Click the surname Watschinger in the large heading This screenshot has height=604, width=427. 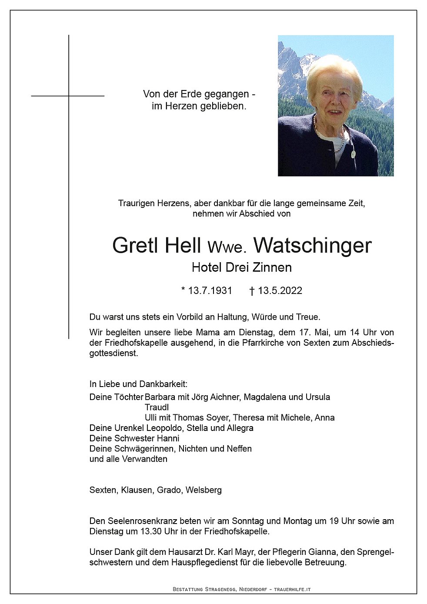coord(312,245)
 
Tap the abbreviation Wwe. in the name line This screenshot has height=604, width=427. coord(227,247)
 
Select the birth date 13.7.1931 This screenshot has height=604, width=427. coord(210,290)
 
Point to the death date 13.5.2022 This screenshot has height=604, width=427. coord(280,290)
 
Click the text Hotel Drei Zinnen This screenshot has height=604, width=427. coord(241,267)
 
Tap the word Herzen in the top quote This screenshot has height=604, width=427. coord(177,106)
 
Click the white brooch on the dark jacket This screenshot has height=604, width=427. coord(353,154)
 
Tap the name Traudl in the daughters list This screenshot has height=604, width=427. coord(157,407)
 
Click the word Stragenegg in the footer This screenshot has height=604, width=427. coord(220,589)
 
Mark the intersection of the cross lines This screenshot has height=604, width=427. coord(69,96)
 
